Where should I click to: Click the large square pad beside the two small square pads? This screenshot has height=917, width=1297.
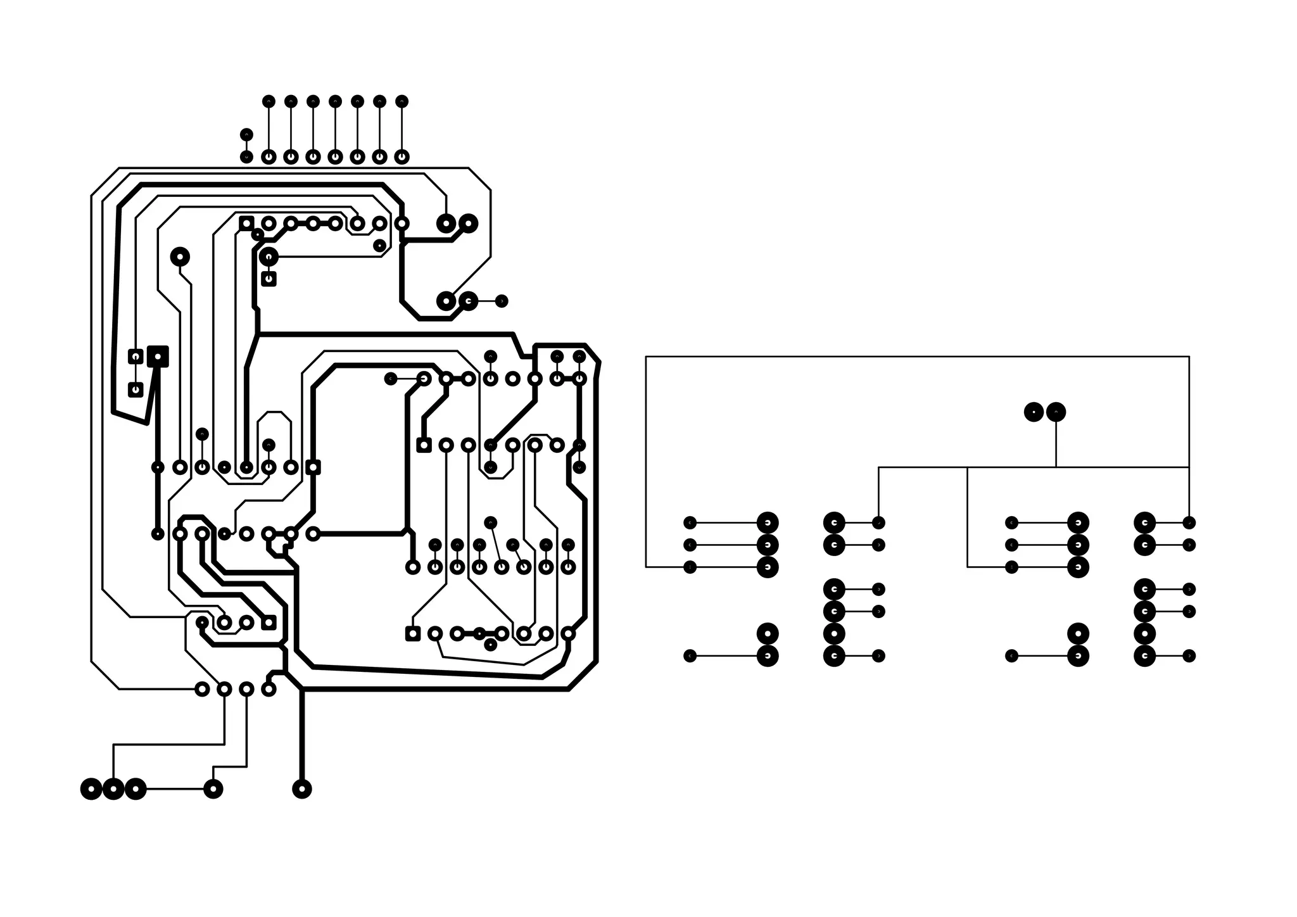(158, 356)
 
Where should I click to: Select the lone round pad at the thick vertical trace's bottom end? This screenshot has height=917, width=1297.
(301, 789)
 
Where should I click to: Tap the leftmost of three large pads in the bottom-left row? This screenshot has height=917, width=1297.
(91, 789)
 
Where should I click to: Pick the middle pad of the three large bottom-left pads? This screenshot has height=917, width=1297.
(113, 789)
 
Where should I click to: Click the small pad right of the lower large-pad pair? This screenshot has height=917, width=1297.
(501, 301)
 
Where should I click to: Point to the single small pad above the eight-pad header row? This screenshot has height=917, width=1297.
(246, 134)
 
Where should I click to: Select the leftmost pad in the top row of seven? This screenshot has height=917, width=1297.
(269, 101)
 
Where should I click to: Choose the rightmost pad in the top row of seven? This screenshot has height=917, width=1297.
(402, 101)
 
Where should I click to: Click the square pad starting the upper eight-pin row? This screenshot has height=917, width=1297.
(246, 223)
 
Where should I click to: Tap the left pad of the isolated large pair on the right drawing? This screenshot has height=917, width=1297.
(1034, 412)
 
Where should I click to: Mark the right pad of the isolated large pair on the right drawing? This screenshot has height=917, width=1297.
(1056, 412)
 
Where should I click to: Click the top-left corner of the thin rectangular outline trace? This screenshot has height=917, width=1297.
(646, 357)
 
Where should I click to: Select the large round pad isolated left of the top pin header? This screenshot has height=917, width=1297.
(180, 256)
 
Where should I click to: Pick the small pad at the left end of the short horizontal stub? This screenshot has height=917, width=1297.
(391, 379)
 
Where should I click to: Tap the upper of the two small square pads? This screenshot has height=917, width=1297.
(136, 357)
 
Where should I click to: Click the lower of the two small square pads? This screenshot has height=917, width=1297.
(136, 389)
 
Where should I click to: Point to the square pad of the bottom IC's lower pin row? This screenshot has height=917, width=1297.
(412, 633)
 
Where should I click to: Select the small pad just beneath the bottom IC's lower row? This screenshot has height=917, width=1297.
(490, 645)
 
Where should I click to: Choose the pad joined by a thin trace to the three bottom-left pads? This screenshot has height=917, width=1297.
(213, 789)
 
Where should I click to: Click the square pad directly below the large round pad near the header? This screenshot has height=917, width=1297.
(269, 278)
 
